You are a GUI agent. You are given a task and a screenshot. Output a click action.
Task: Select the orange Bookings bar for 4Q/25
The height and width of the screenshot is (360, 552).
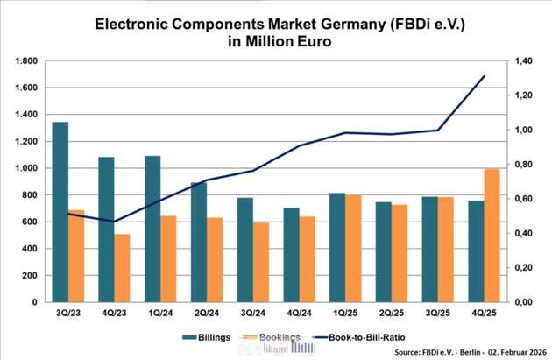[493, 236]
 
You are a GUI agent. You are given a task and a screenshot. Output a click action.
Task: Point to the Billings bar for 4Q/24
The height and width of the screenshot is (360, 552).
[291, 255]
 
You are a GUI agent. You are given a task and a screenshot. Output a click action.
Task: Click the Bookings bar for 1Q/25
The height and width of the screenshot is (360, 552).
[354, 248]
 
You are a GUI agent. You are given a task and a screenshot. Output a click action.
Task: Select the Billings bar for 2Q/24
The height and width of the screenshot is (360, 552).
[199, 242]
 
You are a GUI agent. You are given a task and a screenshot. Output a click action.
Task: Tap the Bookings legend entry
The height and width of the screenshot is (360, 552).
[279, 337]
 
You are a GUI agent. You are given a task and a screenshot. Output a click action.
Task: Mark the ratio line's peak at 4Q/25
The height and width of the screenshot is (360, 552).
[485, 76]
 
